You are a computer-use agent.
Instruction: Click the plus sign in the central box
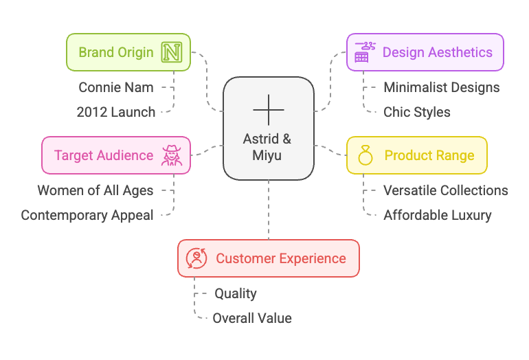tap(268, 110)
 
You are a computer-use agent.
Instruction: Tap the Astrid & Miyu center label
tap(267, 147)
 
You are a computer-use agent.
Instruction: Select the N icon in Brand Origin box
tap(170, 52)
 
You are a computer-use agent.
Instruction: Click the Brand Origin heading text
tap(116, 52)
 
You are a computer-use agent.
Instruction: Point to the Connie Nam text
tap(116, 87)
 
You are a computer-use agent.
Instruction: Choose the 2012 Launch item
tap(116, 112)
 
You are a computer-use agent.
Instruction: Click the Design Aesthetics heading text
tap(437, 52)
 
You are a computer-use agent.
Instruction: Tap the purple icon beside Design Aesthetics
tap(365, 52)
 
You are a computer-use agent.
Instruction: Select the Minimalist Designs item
tap(442, 87)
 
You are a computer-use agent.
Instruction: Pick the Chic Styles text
tap(417, 112)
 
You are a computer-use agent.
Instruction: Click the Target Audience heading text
tap(104, 155)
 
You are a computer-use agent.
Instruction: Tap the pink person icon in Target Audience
tap(172, 155)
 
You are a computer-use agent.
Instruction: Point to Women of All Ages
tap(95, 190)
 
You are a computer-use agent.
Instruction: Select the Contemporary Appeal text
tap(87, 215)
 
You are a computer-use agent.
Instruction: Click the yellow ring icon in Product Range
tap(365, 156)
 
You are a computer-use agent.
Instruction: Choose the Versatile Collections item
tap(446, 190)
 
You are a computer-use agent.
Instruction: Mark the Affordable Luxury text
tap(438, 215)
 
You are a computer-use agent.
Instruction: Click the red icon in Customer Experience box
tap(196, 258)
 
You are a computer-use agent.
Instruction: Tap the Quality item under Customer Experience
tap(236, 293)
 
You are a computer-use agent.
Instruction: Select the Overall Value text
tap(252, 318)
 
